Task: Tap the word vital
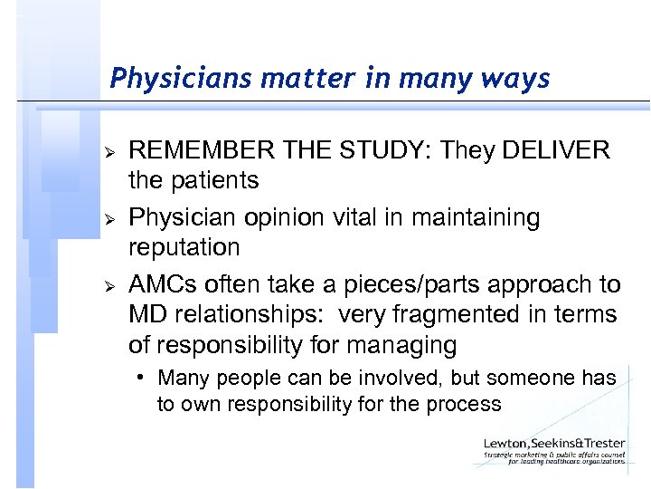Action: tap(368, 217)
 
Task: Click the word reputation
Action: tap(184, 247)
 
